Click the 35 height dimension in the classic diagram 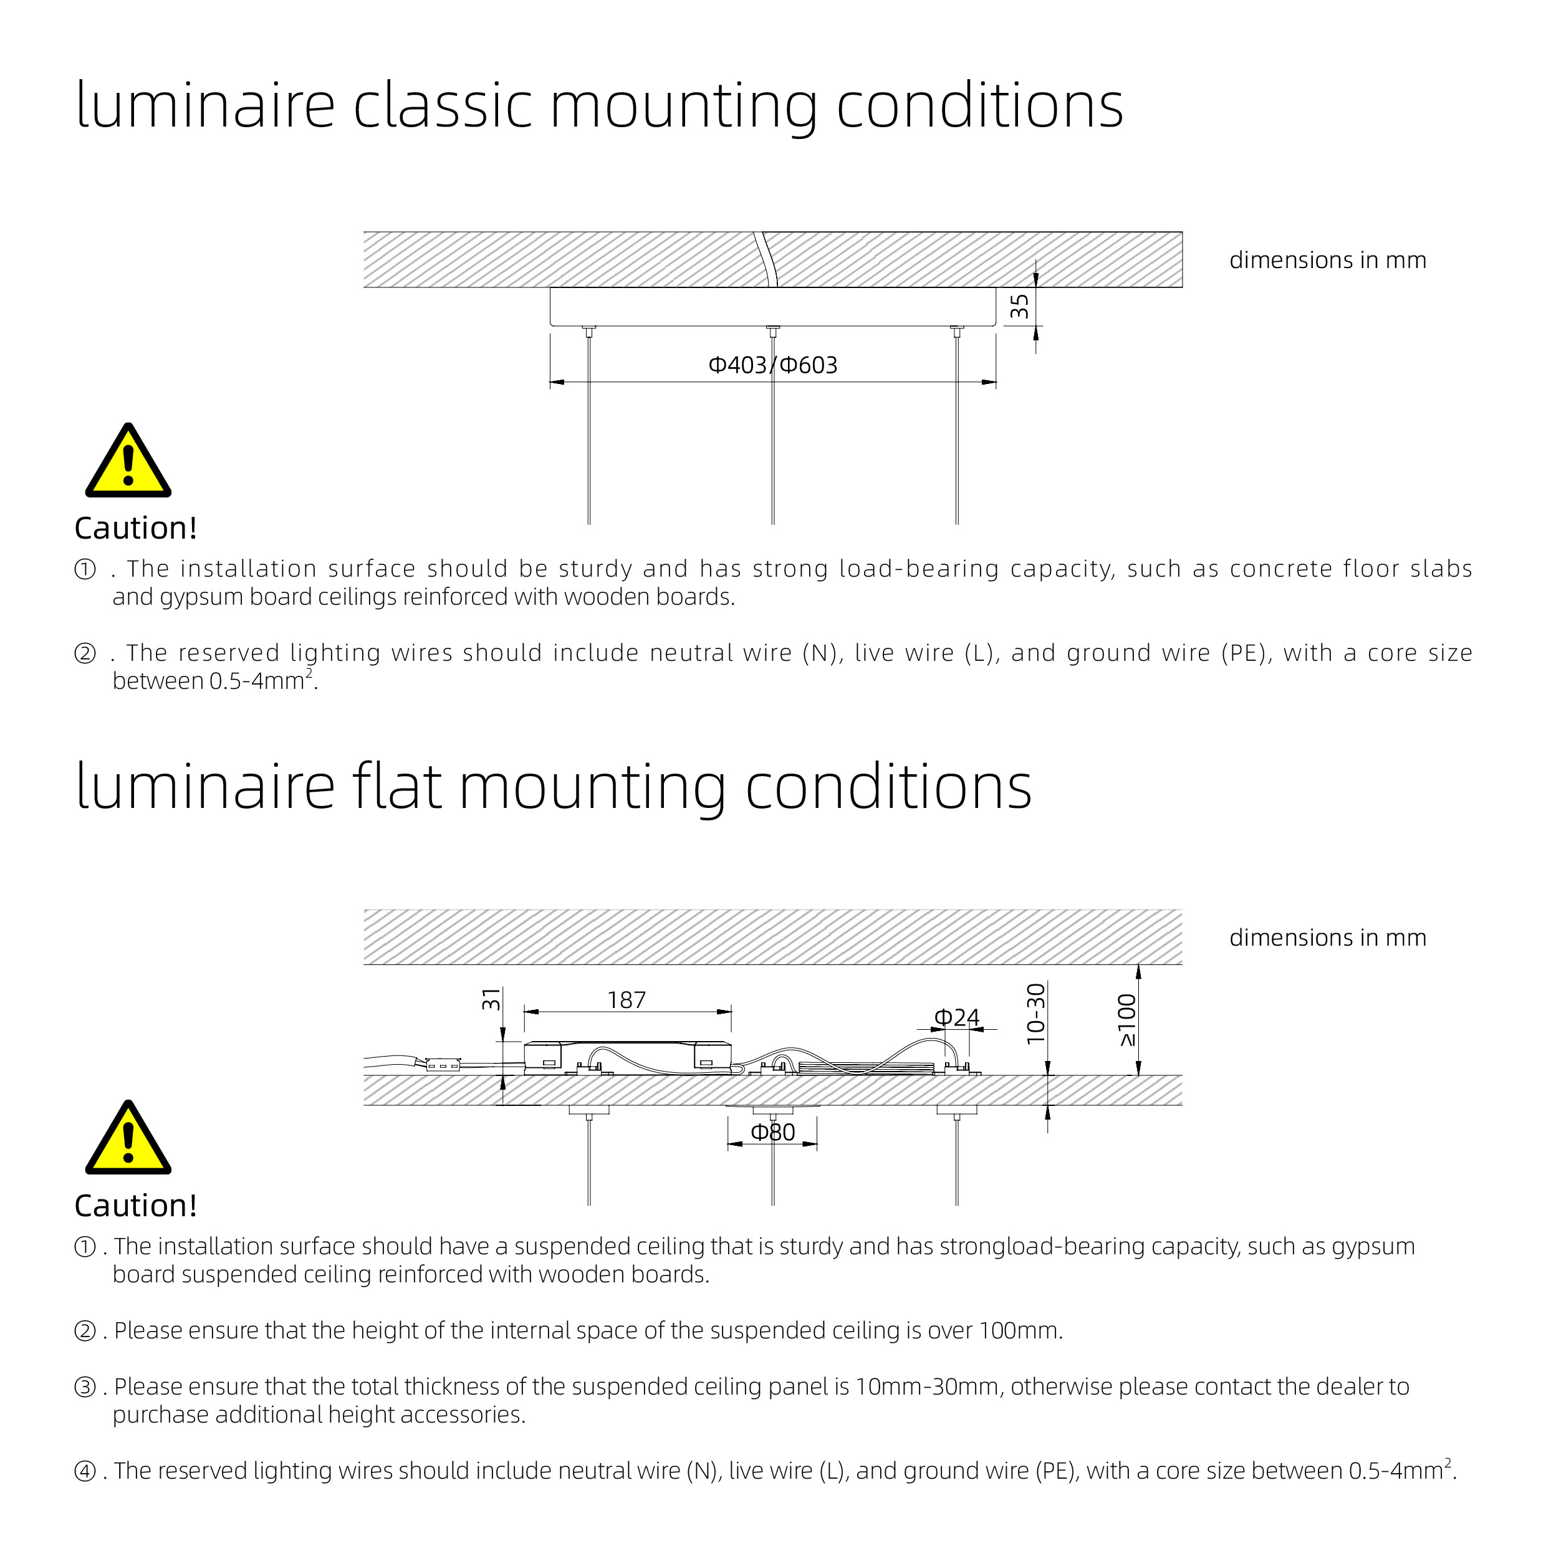[x=1019, y=307]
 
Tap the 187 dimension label [x=626, y=1001]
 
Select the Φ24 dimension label [x=956, y=1018]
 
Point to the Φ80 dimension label [x=772, y=1132]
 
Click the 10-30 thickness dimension [x=1035, y=1013]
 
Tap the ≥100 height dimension [x=1126, y=1020]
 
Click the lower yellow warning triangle [x=128, y=1140]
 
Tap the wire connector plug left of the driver [x=443, y=1065]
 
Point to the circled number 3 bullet [x=85, y=1387]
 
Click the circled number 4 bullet [x=85, y=1471]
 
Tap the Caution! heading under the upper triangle [x=135, y=528]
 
